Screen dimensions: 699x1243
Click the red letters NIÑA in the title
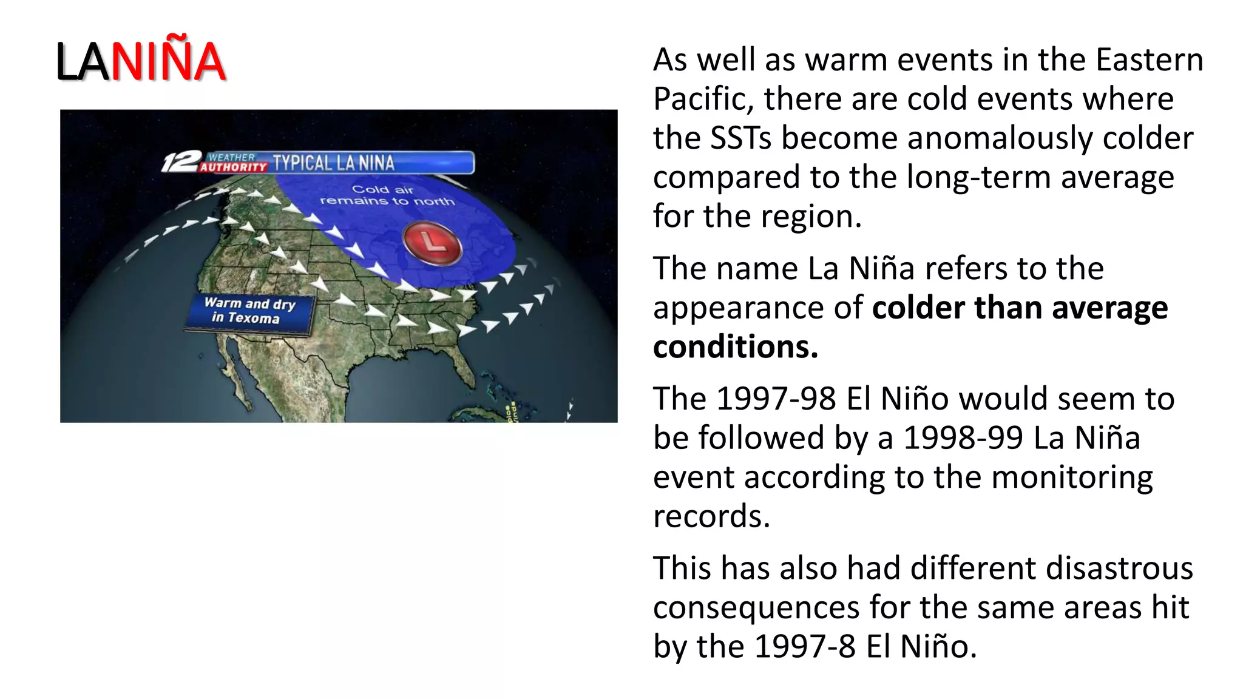click(x=168, y=61)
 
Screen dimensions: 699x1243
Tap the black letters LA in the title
click(x=83, y=62)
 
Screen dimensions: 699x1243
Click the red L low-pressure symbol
click(x=433, y=243)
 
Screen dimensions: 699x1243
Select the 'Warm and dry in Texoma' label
click(x=249, y=310)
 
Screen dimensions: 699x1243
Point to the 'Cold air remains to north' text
click(x=386, y=195)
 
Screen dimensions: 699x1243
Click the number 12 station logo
click(x=180, y=161)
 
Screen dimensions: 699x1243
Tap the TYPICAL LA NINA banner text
click(x=333, y=163)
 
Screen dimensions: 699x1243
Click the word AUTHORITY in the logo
click(x=233, y=167)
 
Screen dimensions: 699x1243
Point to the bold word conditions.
click(x=735, y=347)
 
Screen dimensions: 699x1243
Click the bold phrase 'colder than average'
click(x=1020, y=308)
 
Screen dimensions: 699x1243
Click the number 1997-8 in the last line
click(x=805, y=647)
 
